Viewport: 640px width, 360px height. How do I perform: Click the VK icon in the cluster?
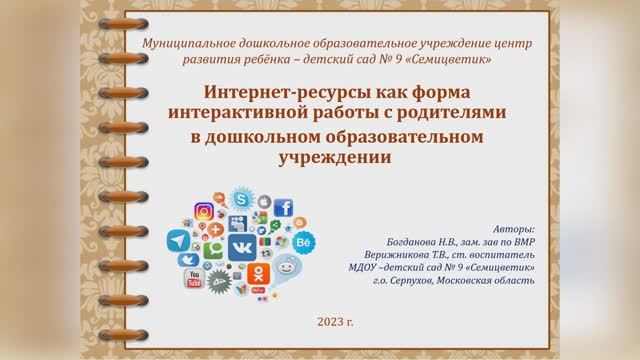pyautogui.click(x=241, y=246)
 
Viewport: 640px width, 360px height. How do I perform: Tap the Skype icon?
pyautogui.click(x=240, y=200)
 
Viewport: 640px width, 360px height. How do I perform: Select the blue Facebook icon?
pyautogui.click(x=283, y=208)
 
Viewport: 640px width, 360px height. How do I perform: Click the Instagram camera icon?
pyautogui.click(x=203, y=212)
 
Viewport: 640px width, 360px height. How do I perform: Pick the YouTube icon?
pyautogui.click(x=193, y=278)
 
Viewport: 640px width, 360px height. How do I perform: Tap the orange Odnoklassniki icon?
pyautogui.click(x=258, y=273)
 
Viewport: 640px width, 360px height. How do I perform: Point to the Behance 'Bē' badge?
pyautogui.click(x=304, y=241)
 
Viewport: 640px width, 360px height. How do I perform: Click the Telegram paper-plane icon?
pyautogui.click(x=180, y=241)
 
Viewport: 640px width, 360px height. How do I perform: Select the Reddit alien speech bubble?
pyautogui.click(x=287, y=269)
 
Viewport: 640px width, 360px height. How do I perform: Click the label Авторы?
pyautogui.click(x=514, y=229)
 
